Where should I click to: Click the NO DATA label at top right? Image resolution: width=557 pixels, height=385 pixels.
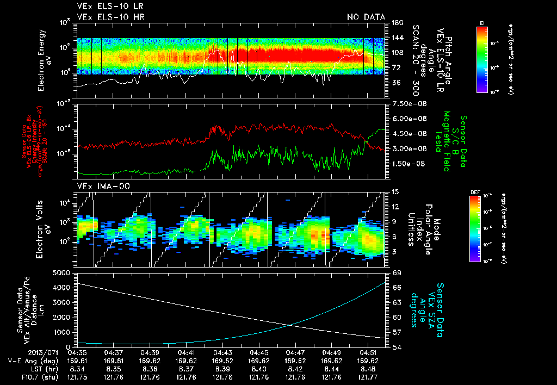pos(366,17)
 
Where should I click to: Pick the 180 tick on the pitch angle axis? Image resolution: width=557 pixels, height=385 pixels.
pos(396,22)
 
